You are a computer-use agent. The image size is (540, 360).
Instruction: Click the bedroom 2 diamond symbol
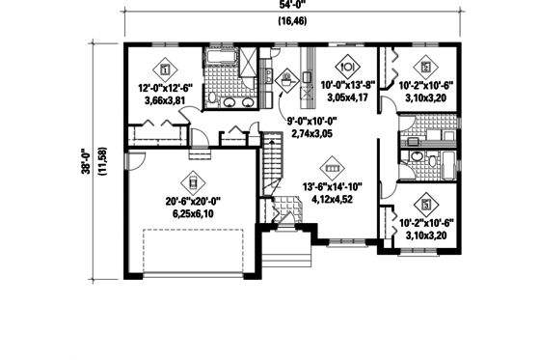[425, 68]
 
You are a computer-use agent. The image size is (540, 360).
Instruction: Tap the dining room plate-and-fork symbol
[350, 68]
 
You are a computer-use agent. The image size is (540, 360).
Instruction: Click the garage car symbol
[193, 180]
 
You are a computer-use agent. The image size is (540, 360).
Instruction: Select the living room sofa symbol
[329, 168]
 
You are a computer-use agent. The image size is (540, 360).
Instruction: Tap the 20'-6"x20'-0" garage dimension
[193, 202]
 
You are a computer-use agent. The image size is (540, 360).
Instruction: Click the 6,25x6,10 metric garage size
[193, 214]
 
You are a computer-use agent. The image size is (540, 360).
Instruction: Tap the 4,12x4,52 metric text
[329, 201]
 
